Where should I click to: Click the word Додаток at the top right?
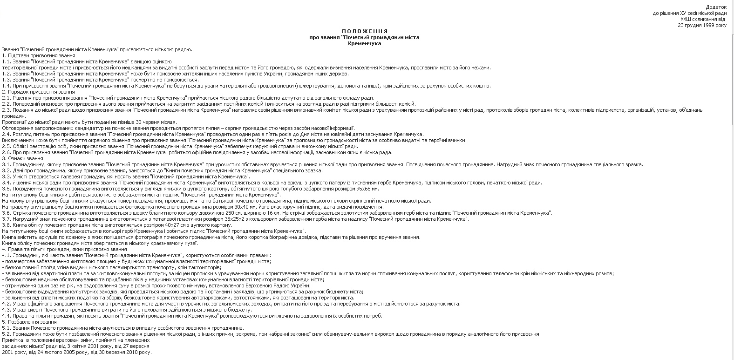click(716, 7)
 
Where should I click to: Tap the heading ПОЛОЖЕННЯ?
click(364, 31)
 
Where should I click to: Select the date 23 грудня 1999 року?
click(702, 25)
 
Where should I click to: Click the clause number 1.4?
click(6, 86)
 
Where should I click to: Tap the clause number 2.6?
click(6, 152)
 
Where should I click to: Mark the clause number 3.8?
click(6, 225)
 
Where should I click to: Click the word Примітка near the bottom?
click(14, 340)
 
